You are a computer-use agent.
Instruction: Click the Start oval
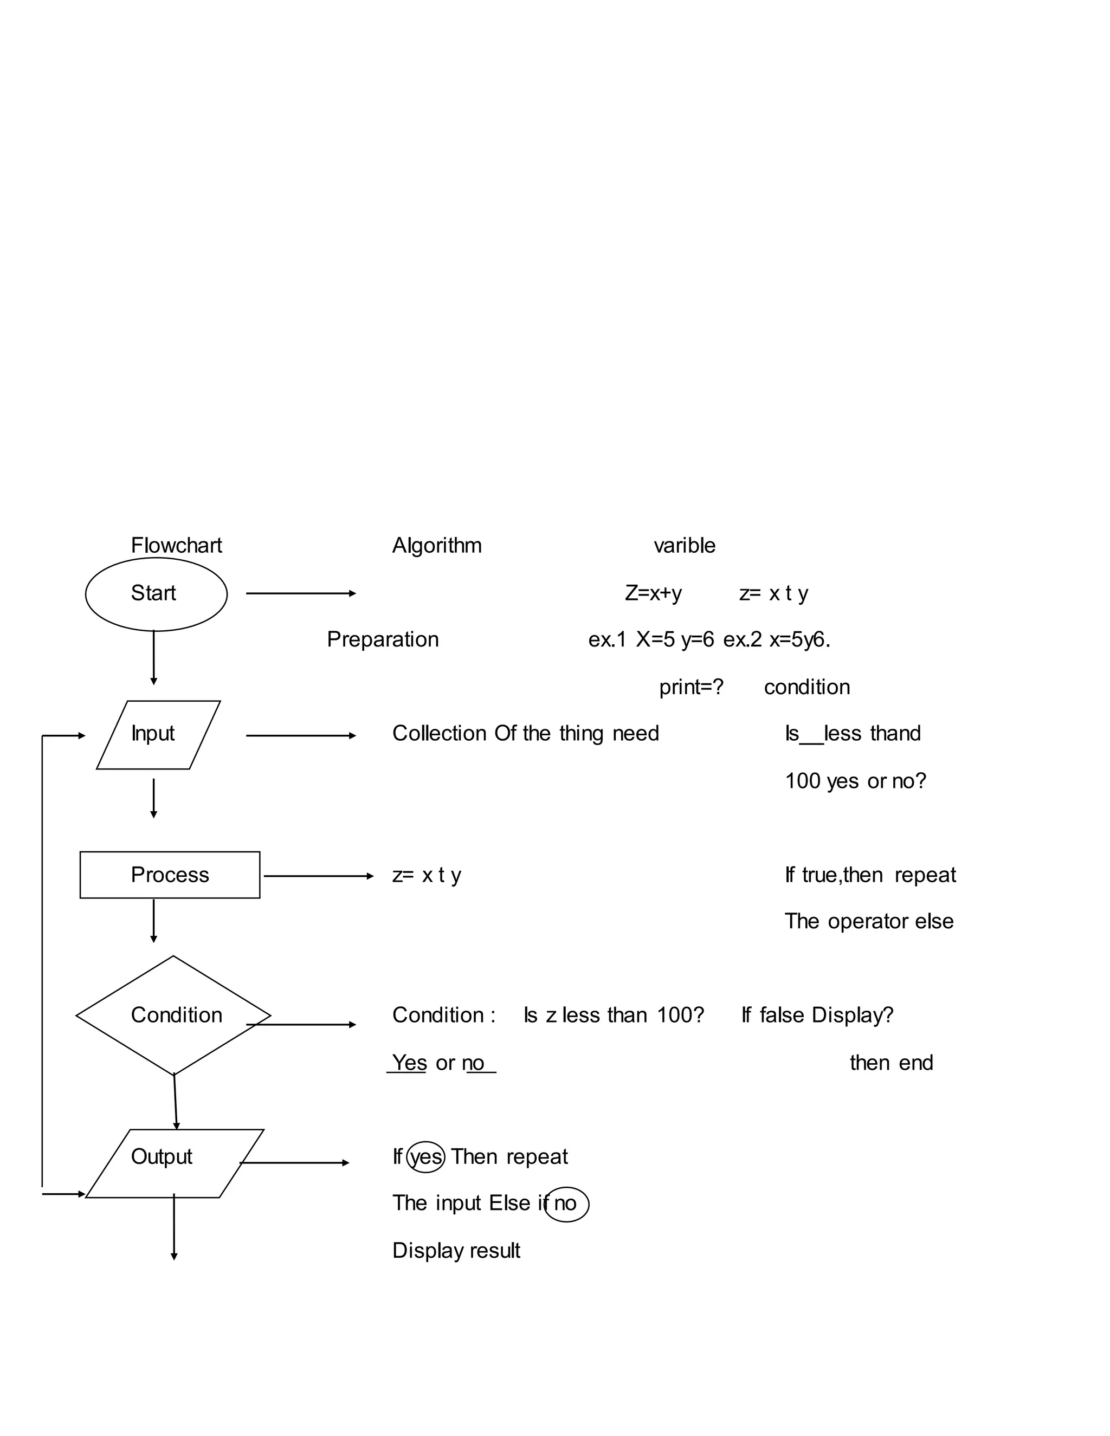point(156,594)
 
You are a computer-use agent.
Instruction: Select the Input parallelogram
point(158,734)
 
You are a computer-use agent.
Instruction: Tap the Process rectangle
point(170,875)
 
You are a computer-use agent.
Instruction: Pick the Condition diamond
point(173,1015)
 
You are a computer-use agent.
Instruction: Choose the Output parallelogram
point(175,1163)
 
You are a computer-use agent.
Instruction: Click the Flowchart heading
point(176,546)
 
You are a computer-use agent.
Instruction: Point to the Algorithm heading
point(437,546)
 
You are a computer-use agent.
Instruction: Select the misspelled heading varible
point(684,546)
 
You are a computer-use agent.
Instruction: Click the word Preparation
point(383,639)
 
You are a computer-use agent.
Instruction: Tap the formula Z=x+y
point(653,593)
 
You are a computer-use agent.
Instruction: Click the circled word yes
point(426,1156)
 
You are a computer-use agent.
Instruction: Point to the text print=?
point(691,687)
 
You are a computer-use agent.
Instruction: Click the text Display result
point(456,1251)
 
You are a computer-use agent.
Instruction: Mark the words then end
point(891,1063)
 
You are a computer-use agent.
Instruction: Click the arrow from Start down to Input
point(153,657)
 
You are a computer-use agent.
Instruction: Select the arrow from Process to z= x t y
point(318,876)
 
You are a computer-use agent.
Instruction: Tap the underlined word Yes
point(409,1063)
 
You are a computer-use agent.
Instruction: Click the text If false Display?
point(817,1015)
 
